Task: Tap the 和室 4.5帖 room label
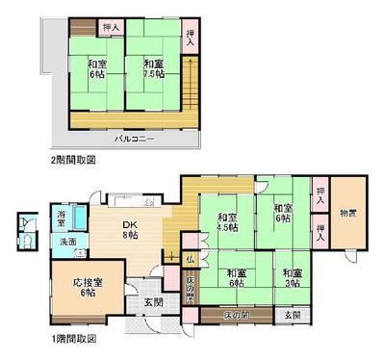pos(226,222)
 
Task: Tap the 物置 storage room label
pos(348,214)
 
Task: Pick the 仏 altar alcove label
pos(191,259)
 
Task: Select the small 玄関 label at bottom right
pos(291,315)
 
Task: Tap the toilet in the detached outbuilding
pos(23,236)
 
